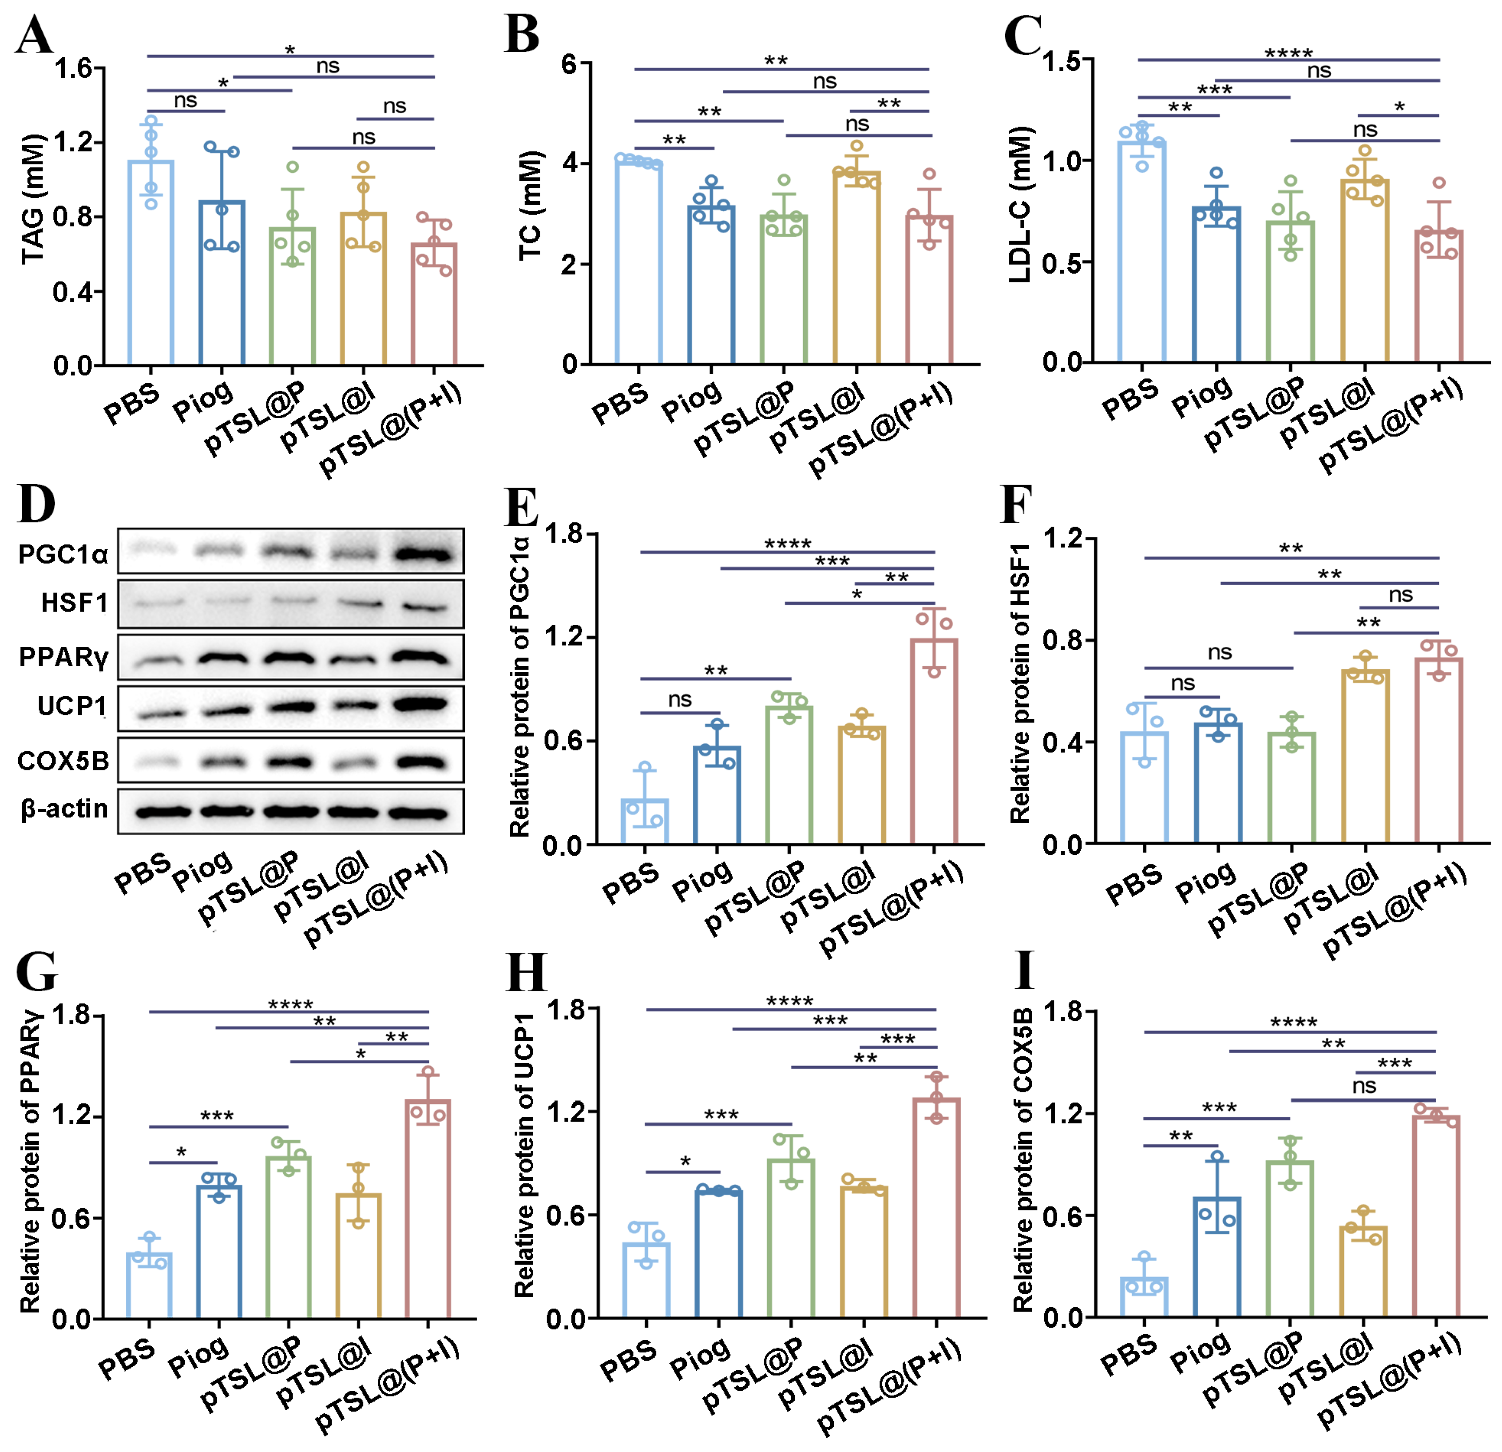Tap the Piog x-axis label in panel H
(x=699, y=1357)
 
